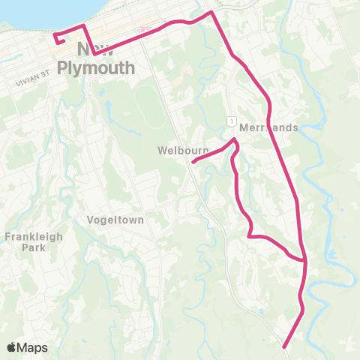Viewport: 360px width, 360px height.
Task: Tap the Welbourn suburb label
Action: point(183,150)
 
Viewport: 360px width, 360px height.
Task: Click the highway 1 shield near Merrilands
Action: point(232,121)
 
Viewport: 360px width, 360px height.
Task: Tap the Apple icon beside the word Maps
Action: point(12,346)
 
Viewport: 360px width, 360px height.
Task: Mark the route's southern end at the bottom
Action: point(284,346)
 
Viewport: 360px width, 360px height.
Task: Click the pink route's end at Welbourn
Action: point(193,161)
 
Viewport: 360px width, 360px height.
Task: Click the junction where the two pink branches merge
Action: point(305,261)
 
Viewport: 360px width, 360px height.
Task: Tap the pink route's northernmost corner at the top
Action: point(211,12)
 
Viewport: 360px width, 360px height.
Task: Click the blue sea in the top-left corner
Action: point(22,11)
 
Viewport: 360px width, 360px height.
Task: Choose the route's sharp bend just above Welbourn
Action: point(235,140)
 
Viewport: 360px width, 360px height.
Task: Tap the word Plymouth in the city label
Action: point(106,68)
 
